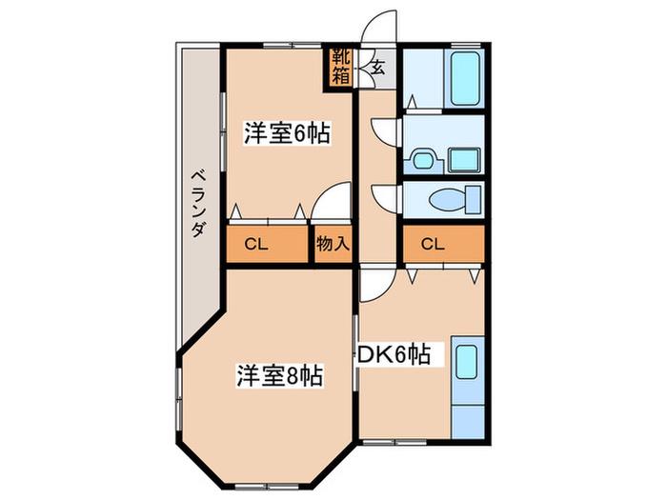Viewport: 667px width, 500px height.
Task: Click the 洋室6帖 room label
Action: pos(287,133)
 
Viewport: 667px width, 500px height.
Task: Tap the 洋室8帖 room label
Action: pos(279,375)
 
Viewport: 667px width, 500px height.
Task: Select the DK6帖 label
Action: pos(394,354)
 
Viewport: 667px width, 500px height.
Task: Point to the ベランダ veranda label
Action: pos(198,203)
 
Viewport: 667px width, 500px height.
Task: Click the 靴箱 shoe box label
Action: pos(341,66)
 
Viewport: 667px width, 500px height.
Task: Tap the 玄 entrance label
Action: pos(377,67)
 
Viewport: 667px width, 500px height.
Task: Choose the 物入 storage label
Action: pos(333,244)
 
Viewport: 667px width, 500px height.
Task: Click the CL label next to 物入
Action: pos(256,245)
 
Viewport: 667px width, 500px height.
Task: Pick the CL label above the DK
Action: pos(433,244)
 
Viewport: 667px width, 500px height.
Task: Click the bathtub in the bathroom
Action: pos(465,79)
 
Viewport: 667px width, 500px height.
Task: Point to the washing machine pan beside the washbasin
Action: pos(464,160)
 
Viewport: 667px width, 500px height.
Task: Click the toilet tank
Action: pos(474,199)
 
